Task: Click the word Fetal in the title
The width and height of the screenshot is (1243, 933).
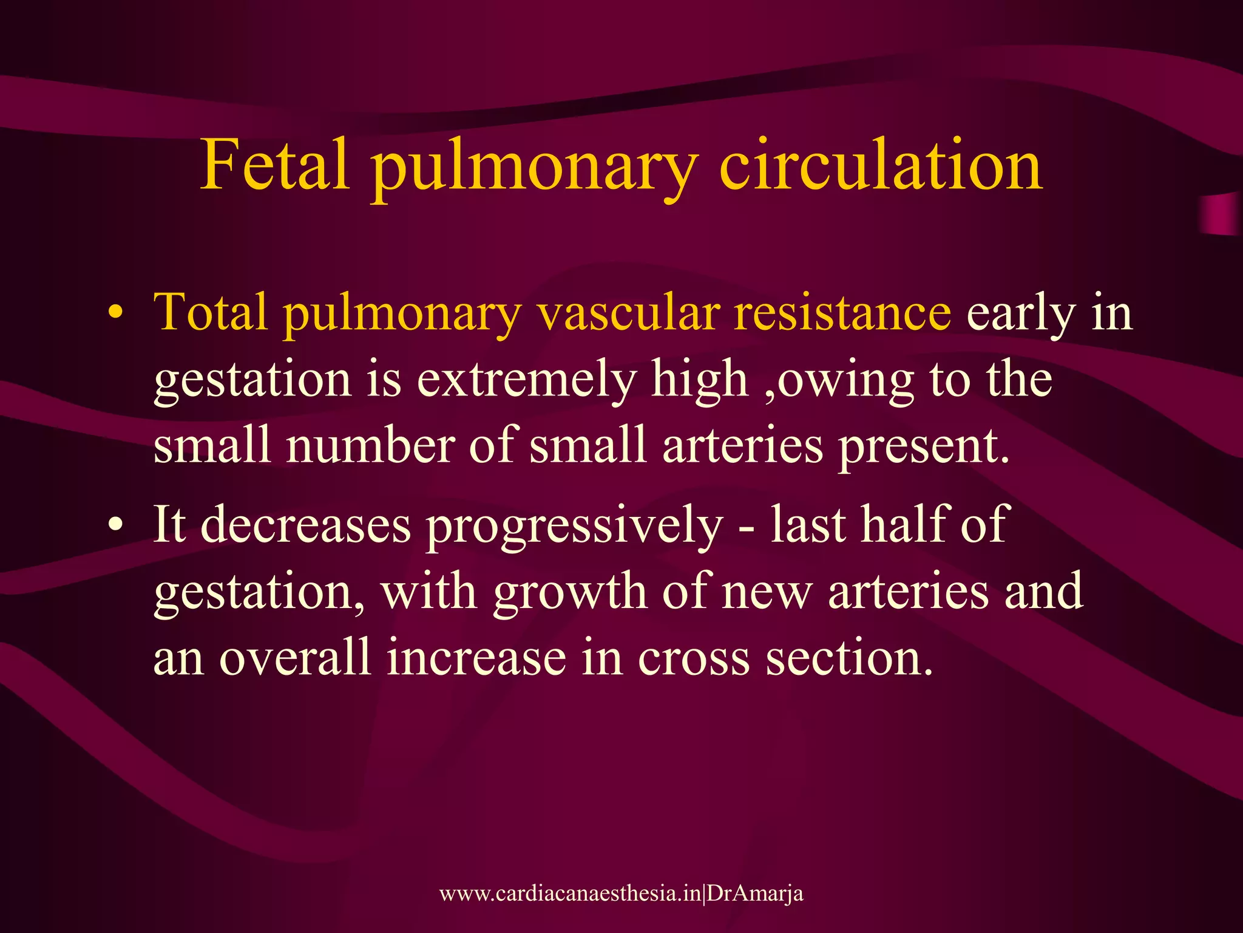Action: [x=275, y=165]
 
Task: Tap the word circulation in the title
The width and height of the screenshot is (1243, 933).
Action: [x=880, y=165]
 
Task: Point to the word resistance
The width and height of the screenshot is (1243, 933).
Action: [x=842, y=312]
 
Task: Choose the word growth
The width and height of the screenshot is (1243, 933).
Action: [x=570, y=592]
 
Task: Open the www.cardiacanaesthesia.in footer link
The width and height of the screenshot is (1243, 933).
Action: [x=570, y=894]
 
